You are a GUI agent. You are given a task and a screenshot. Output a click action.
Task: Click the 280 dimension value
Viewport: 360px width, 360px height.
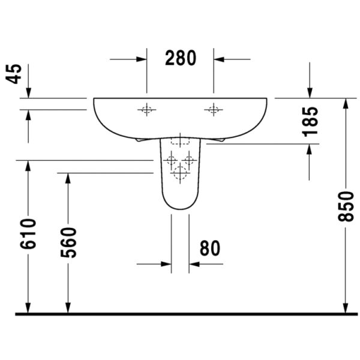(181, 59)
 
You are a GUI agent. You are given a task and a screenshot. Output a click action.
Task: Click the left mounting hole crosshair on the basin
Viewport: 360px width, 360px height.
(146, 109)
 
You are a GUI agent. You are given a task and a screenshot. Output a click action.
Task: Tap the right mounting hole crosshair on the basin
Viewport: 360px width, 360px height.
(213, 109)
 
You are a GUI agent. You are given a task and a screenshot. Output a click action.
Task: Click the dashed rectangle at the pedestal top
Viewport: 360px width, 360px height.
(179, 142)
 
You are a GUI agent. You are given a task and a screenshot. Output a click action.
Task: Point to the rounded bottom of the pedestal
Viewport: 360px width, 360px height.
(179, 207)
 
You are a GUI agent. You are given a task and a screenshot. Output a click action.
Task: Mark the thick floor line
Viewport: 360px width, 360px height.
(186, 313)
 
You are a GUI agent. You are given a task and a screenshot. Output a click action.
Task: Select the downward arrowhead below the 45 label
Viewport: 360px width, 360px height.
(28, 92)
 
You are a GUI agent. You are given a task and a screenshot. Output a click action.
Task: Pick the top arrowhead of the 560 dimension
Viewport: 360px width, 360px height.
(68, 178)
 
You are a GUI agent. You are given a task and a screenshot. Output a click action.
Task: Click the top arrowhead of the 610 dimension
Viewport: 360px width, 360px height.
(28, 166)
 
